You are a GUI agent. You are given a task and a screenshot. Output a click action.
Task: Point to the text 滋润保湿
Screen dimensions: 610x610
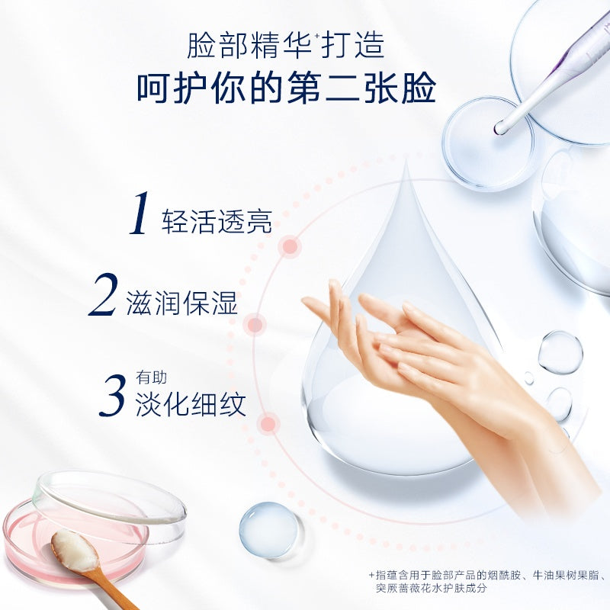tap(182, 303)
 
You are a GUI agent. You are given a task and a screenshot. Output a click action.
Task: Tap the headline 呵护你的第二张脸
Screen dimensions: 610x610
tap(287, 89)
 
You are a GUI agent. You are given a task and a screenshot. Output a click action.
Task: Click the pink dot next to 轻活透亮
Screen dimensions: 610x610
tap(290, 246)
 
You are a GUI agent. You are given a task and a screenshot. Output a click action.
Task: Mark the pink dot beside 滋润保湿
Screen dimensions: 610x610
tap(255, 326)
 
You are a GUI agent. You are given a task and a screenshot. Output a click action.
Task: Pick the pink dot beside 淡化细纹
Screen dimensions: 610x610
tap(268, 423)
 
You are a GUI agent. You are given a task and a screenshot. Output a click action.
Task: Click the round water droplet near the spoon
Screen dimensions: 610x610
tap(268, 528)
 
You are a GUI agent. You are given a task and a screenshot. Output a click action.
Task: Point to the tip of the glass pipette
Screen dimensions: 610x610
tap(501, 129)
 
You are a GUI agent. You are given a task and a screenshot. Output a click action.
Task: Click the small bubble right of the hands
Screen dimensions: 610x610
tap(560, 352)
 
